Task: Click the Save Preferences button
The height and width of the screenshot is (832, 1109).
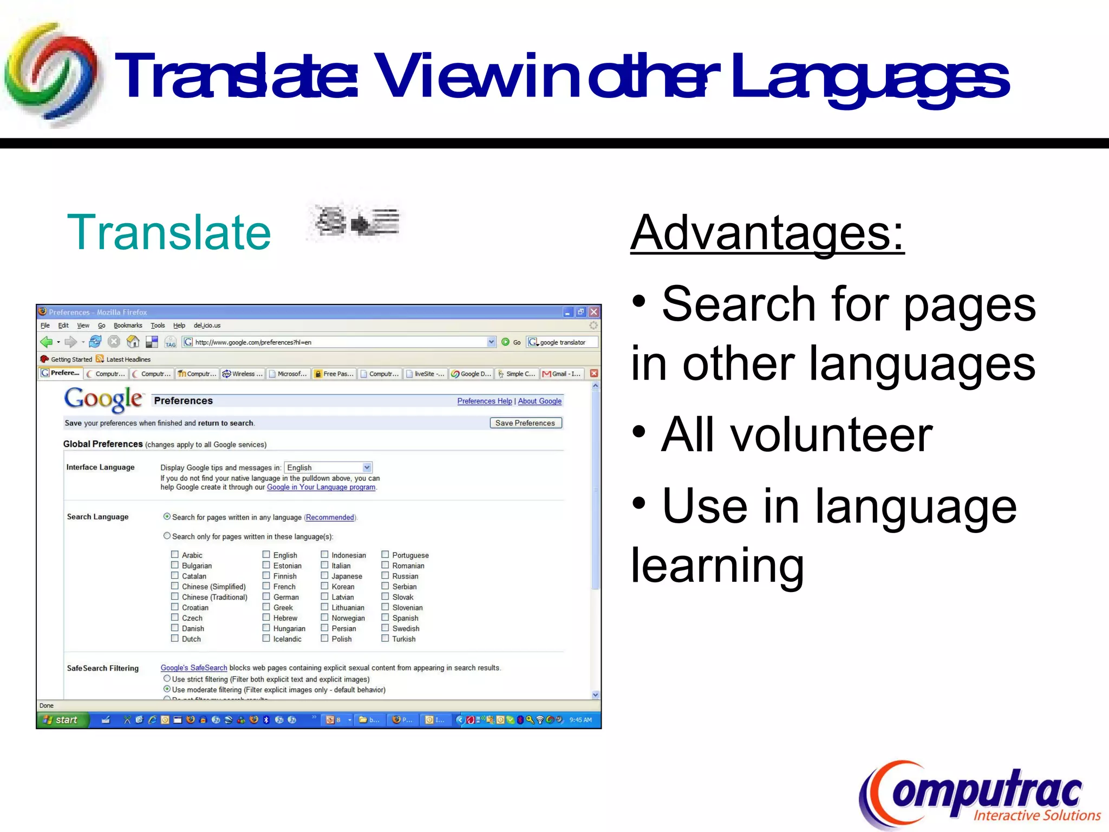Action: pyautogui.click(x=525, y=423)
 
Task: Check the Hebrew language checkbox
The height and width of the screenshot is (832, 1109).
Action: pyautogui.click(x=266, y=617)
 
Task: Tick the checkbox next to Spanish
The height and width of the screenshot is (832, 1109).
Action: pyautogui.click(x=385, y=617)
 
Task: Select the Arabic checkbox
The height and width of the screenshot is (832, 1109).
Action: pyautogui.click(x=175, y=555)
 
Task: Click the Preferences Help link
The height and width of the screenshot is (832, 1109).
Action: pyautogui.click(x=484, y=401)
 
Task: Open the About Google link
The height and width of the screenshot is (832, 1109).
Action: pyautogui.click(x=539, y=401)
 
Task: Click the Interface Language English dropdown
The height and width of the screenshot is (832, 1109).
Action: pyautogui.click(x=328, y=467)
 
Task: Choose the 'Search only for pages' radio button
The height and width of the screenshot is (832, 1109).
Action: pyautogui.click(x=167, y=536)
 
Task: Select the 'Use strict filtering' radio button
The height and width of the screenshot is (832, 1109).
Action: pyautogui.click(x=167, y=679)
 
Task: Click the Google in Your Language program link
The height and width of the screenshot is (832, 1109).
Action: pyautogui.click(x=321, y=487)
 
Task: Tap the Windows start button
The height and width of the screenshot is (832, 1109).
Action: pyautogui.click(x=62, y=720)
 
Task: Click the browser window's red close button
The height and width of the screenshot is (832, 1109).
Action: pyautogui.click(x=594, y=312)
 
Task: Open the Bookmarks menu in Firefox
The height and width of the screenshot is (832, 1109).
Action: pyautogui.click(x=128, y=326)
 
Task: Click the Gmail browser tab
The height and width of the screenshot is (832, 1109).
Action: pyautogui.click(x=563, y=374)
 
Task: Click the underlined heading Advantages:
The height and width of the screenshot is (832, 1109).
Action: pyautogui.click(x=767, y=232)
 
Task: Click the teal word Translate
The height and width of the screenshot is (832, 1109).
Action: pyautogui.click(x=168, y=232)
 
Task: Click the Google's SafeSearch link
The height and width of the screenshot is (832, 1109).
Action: pyautogui.click(x=193, y=668)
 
